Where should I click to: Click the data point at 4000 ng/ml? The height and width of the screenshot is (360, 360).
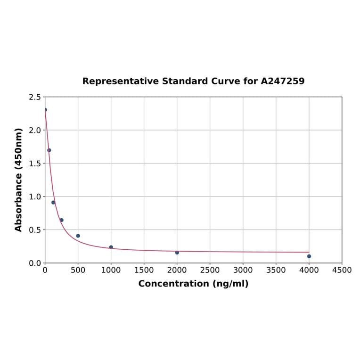309,256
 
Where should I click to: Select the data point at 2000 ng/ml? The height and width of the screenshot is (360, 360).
177,253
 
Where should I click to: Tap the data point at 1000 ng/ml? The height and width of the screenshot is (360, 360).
111,247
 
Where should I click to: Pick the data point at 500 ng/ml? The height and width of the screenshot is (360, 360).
78,236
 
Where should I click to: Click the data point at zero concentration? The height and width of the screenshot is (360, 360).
45,110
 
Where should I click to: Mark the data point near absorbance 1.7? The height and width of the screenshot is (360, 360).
49,150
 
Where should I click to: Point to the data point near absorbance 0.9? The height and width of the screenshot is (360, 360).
53,203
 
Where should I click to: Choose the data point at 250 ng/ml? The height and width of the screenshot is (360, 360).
62,220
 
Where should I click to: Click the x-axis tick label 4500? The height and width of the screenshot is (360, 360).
342,270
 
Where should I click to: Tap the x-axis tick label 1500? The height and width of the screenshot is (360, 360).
144,270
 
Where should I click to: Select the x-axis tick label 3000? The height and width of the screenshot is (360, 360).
243,270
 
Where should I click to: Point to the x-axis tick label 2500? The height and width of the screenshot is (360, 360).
210,270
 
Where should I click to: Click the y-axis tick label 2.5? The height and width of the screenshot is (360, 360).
35,97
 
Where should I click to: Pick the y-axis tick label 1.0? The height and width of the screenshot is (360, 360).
35,196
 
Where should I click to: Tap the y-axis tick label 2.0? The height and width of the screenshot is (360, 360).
35,130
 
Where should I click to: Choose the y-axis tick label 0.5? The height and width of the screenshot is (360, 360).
35,230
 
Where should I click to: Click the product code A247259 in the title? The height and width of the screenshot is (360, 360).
283,81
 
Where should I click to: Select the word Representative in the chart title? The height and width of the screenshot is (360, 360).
121,81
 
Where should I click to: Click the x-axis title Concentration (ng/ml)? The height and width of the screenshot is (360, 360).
193,284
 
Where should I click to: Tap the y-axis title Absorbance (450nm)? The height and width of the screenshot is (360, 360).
19,180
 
